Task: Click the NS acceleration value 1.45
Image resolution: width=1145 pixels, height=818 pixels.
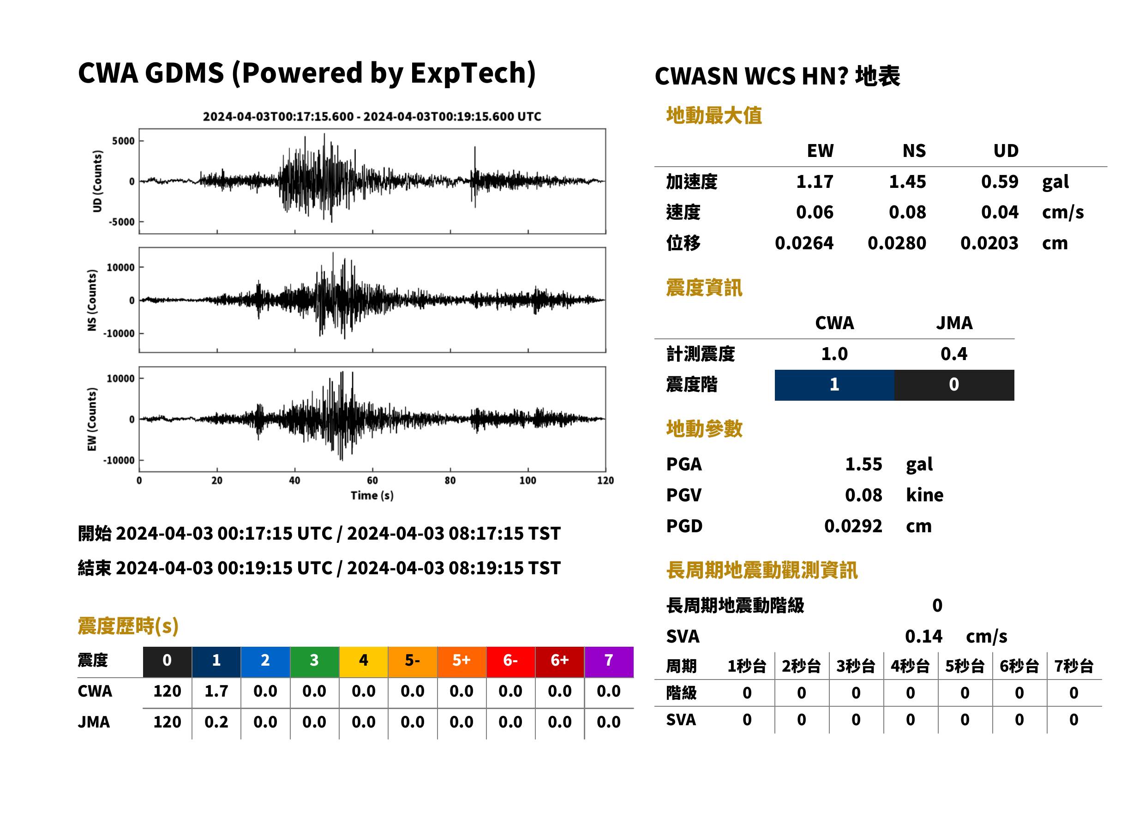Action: tap(907, 181)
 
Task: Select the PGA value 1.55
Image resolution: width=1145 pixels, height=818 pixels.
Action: tap(863, 464)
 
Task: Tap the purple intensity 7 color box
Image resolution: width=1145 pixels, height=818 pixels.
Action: tap(609, 662)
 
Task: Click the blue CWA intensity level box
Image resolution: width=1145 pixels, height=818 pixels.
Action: tap(834, 385)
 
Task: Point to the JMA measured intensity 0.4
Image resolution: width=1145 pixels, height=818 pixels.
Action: tap(953, 354)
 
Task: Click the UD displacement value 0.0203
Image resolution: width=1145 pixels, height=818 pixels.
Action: tap(989, 243)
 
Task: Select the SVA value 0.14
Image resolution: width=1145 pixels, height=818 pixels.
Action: tap(923, 636)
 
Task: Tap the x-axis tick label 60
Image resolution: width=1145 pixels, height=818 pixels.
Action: tap(372, 481)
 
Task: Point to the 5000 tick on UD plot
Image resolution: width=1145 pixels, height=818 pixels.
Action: tap(123, 141)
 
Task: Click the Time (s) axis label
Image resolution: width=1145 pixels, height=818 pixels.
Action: tap(372, 496)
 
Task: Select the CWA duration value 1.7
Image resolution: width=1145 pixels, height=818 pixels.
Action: tap(216, 691)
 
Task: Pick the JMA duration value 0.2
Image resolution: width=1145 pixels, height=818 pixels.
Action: tap(216, 722)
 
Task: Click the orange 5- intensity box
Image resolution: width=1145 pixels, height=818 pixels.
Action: tap(413, 662)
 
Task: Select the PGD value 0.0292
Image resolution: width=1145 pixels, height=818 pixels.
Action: tap(853, 526)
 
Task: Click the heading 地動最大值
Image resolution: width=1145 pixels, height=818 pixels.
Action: tap(713, 115)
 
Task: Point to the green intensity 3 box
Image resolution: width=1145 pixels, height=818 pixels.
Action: tap(314, 662)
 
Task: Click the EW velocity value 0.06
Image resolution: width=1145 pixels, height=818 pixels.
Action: tap(814, 212)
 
